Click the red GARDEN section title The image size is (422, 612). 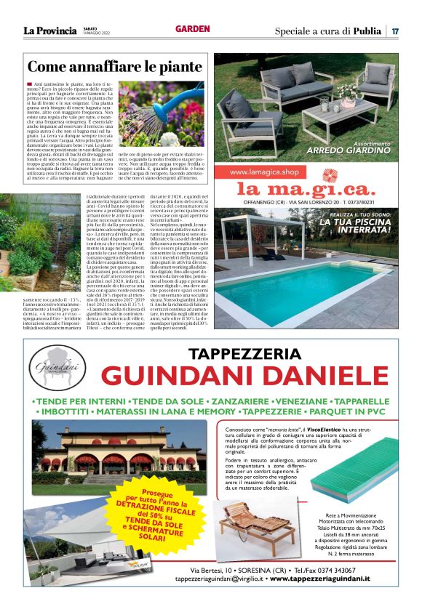(x=192, y=29)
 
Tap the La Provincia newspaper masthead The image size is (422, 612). (x=49, y=31)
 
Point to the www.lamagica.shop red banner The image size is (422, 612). (x=266, y=172)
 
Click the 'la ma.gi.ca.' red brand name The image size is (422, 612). (x=304, y=189)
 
